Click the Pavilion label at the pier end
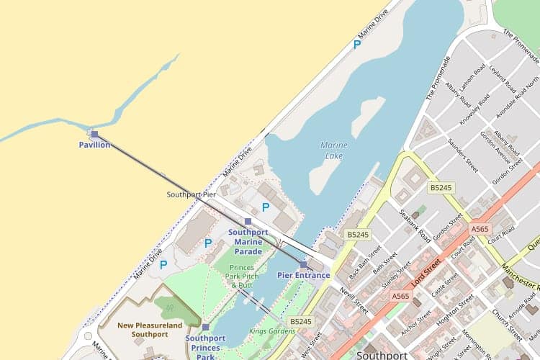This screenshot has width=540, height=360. click(x=94, y=145)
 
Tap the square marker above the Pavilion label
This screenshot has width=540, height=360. click(x=94, y=134)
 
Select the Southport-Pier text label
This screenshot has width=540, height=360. click(x=192, y=194)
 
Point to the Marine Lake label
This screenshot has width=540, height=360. click(x=334, y=150)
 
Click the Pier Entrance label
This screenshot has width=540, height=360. click(x=303, y=275)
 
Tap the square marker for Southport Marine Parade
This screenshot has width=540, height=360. click(x=248, y=222)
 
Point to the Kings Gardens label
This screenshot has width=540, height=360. click(x=272, y=331)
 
